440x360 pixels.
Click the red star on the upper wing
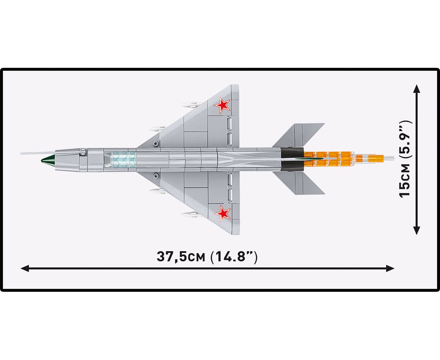point(222,106)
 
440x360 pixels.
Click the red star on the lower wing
point(223,213)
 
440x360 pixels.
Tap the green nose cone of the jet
point(48,161)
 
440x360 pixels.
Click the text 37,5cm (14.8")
point(207,257)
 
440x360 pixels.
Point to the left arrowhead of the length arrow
point(25,268)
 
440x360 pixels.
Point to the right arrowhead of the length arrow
point(390,268)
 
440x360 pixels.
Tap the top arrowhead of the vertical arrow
point(417,89)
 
